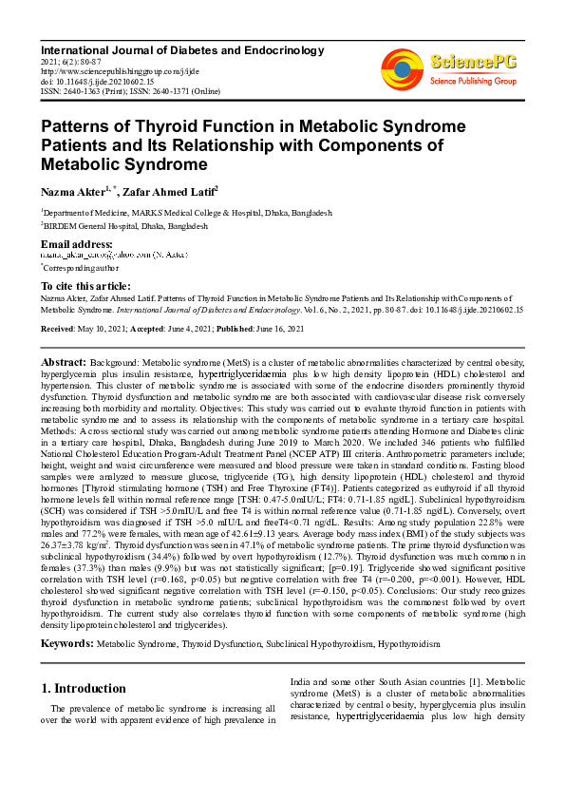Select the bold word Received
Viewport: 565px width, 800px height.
(59, 328)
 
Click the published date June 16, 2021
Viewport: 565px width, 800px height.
(280, 328)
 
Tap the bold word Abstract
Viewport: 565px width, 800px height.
(65, 363)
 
